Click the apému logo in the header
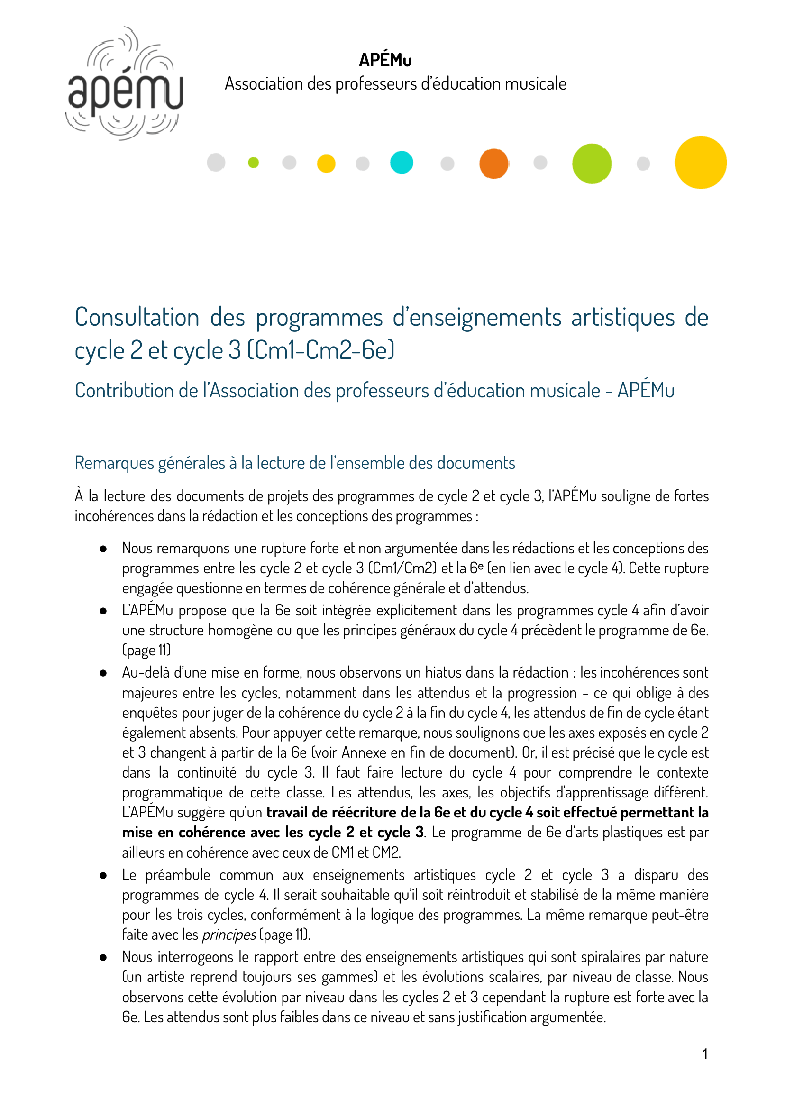pyautogui.click(x=125, y=84)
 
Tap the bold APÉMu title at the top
pyautogui.click(x=385, y=60)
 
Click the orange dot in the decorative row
pyautogui.click(x=493, y=164)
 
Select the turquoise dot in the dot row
pyautogui.click(x=401, y=163)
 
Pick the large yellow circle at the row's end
pyautogui.click(x=700, y=163)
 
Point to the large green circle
pyautogui.click(x=591, y=164)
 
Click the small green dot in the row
pyautogui.click(x=253, y=163)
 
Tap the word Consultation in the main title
pyautogui.click(x=137, y=318)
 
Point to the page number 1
pyautogui.click(x=705, y=1054)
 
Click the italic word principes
pyautogui.click(x=228, y=935)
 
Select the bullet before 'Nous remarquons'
pyautogui.click(x=103, y=549)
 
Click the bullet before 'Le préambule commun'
pyautogui.click(x=103, y=875)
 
